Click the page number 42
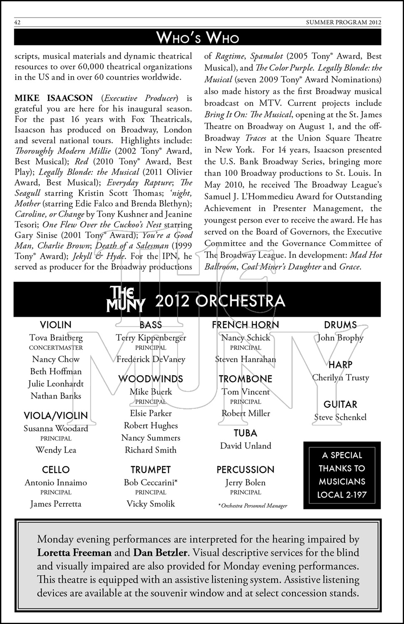tap(18, 22)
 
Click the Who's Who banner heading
tap(198, 38)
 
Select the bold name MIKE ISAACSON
tap(54, 98)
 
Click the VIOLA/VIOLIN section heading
tap(56, 415)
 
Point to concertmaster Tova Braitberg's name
tap(56, 338)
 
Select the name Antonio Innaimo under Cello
tap(56, 483)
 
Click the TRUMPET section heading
tap(151, 470)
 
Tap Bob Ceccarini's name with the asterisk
tap(151, 483)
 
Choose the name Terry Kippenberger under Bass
tap(151, 338)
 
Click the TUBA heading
tap(245, 433)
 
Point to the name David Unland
tap(245, 446)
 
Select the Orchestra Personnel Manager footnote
tap(253, 506)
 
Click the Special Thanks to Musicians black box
tap(342, 475)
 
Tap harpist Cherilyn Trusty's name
tap(341, 378)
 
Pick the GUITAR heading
tap(340, 404)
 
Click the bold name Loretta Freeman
tap(74, 553)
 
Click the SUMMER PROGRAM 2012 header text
tap(349, 22)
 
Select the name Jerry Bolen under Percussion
tap(245, 483)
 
